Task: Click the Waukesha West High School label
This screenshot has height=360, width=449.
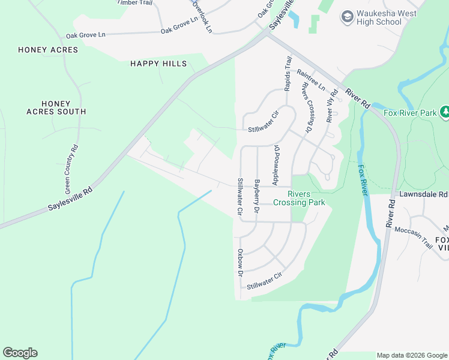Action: pyautogui.click(x=379, y=17)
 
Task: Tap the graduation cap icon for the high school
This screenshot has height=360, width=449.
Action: pyautogui.click(x=346, y=17)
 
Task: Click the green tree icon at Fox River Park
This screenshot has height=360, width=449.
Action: pyautogui.click(x=445, y=112)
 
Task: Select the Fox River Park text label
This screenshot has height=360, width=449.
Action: pyautogui.click(x=410, y=112)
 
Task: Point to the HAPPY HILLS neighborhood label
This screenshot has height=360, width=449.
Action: pyautogui.click(x=158, y=64)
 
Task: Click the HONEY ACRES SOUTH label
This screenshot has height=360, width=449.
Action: pyautogui.click(x=56, y=107)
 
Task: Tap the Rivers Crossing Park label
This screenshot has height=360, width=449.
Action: pyautogui.click(x=299, y=198)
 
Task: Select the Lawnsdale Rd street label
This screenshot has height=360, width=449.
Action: pyautogui.click(x=423, y=194)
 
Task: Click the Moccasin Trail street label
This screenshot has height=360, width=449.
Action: pyautogui.click(x=413, y=233)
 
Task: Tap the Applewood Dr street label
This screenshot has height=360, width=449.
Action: pyautogui.click(x=277, y=164)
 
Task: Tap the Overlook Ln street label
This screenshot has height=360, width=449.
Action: pyautogui.click(x=202, y=16)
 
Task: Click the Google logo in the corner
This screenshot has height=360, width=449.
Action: pyautogui.click(x=20, y=353)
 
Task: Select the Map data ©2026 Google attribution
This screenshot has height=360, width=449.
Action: pyautogui.click(x=411, y=355)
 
